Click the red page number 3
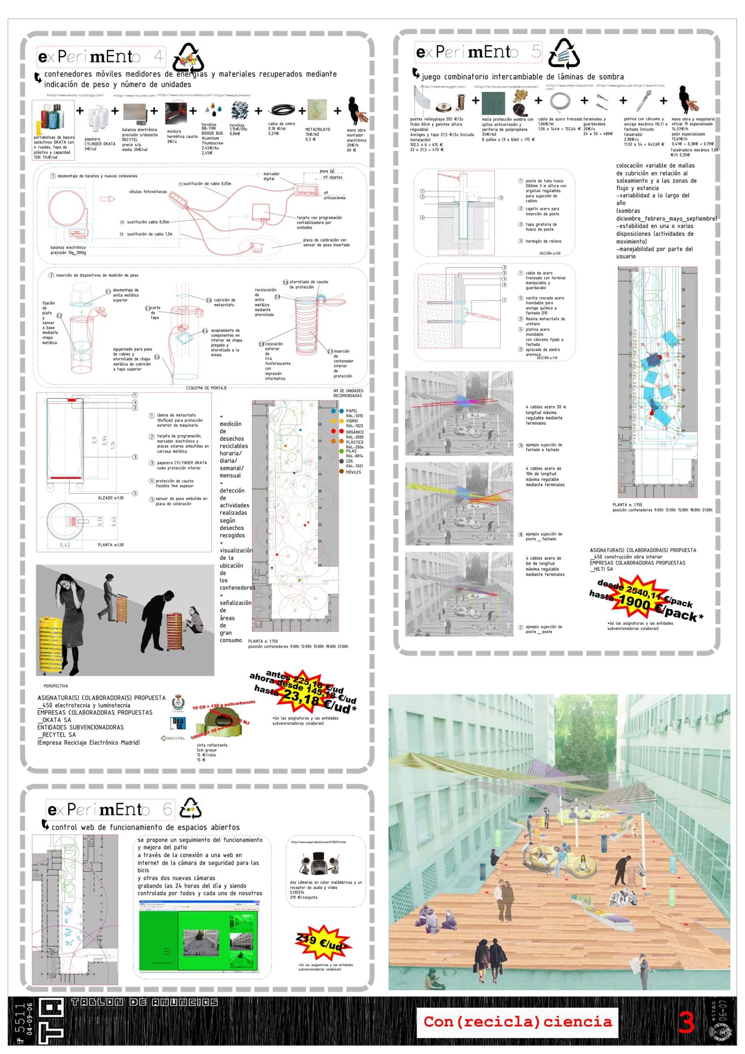[x=686, y=1022]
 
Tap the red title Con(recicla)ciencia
[x=517, y=1021]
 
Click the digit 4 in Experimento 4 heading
[x=159, y=56]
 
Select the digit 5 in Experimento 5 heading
[x=536, y=51]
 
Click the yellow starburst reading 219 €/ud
[x=324, y=942]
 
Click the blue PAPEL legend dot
[x=341, y=411]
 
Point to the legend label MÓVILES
[x=353, y=472]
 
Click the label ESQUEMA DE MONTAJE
[x=206, y=388]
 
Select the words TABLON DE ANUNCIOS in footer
[x=144, y=1002]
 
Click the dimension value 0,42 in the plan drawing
[x=65, y=545]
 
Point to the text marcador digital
[x=271, y=176]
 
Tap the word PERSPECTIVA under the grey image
[x=56, y=686]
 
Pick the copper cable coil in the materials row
[x=284, y=110]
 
